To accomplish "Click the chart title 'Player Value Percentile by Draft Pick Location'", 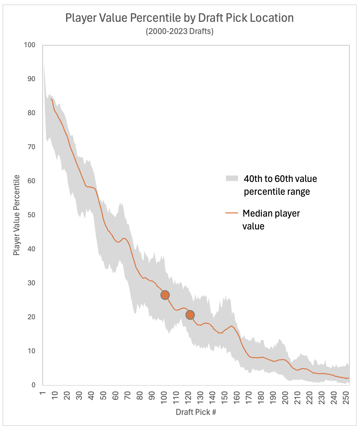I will coord(179,18).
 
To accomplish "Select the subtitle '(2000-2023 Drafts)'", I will coord(179,31).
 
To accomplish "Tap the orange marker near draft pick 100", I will coord(165,295).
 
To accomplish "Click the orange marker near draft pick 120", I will coord(190,315).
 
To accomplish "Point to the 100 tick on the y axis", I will coord(30,45).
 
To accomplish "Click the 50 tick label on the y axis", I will coord(31,215).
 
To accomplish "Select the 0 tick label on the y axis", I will coord(33,385).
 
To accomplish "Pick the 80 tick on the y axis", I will coord(31,113).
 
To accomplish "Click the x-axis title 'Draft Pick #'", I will coord(196,412).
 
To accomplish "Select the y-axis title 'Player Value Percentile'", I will coord(16,215).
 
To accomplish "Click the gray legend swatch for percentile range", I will coord(232,178).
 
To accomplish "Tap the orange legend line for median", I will coord(232,213).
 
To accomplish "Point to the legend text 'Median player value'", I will coord(271,219).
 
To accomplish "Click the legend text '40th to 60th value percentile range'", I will coord(280,185).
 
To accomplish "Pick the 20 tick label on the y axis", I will coord(31,317).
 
